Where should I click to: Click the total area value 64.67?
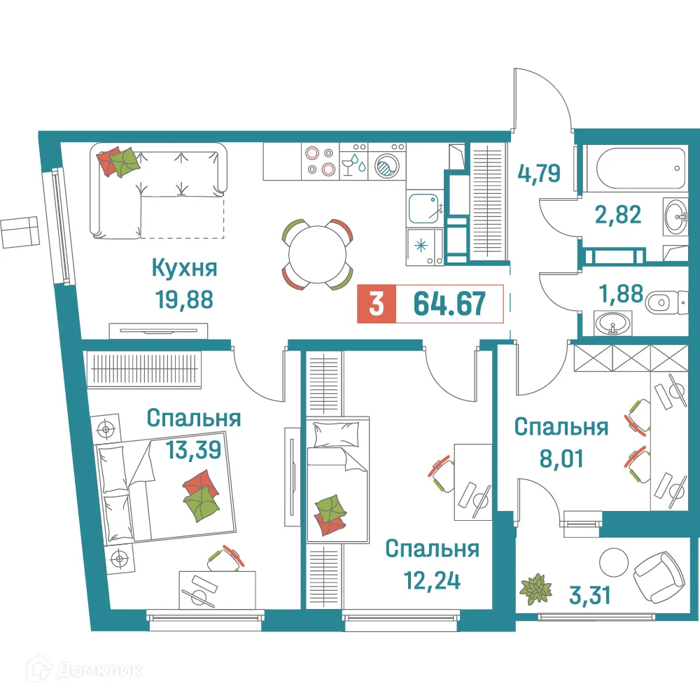click(449, 305)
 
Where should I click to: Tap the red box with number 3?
click(377, 305)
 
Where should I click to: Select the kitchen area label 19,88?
click(184, 300)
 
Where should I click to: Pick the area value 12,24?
click(431, 580)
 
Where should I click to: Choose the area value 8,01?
click(559, 458)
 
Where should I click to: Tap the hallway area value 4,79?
click(539, 172)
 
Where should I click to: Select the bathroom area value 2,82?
click(618, 214)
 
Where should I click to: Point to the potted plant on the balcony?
click(537, 588)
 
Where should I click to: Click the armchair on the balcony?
click(659, 573)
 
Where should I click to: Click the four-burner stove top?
click(319, 160)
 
